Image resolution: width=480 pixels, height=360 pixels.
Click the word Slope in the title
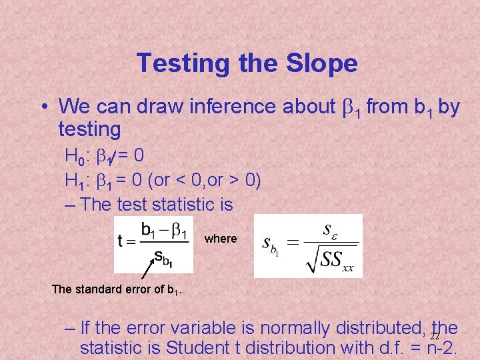click(x=321, y=63)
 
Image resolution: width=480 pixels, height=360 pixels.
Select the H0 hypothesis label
click(x=74, y=157)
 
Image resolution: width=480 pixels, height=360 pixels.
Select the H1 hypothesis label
click(x=74, y=180)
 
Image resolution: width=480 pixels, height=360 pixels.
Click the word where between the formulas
click(x=221, y=239)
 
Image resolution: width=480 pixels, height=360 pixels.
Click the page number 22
click(x=434, y=337)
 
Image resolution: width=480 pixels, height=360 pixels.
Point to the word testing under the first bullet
click(x=89, y=128)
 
